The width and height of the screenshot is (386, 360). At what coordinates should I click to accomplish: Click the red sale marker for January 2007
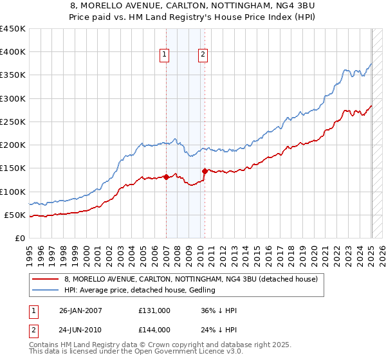[x=166, y=177]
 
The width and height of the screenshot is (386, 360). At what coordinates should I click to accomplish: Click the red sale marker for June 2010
[x=205, y=171]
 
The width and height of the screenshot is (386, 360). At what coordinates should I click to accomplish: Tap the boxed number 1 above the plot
[x=165, y=55]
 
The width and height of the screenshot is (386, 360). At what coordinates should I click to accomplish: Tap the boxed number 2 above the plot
[x=203, y=55]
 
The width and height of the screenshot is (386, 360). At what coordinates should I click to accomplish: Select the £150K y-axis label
[x=13, y=168]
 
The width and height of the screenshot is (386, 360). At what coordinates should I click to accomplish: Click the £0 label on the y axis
[x=21, y=238]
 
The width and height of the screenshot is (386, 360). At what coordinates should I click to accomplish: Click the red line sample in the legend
[x=46, y=280]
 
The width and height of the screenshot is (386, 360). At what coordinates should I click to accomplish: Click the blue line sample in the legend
[x=46, y=291]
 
